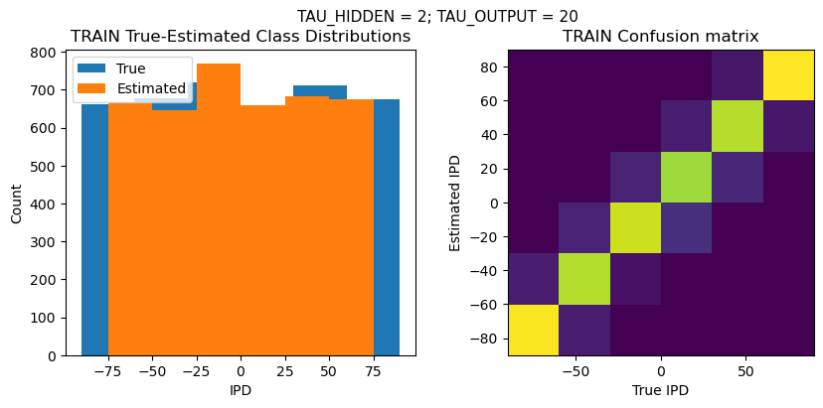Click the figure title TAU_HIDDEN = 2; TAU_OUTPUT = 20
[x=437, y=16]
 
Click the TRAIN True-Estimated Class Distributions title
[x=241, y=37]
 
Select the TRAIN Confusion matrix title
[x=661, y=37]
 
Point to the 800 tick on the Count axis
[x=47, y=54]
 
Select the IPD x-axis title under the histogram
[x=241, y=390]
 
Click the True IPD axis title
[x=661, y=390]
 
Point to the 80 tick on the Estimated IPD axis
[x=489, y=67]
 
